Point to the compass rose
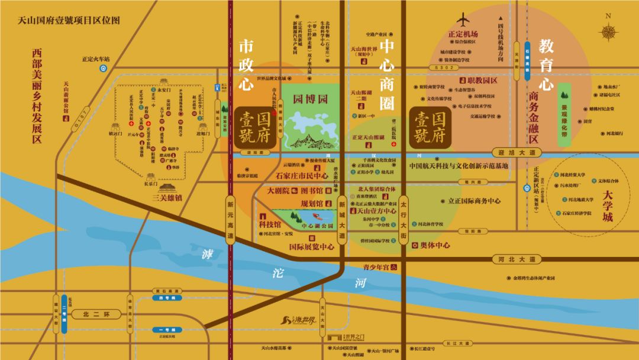point(609,33)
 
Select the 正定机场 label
point(463,34)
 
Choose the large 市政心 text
point(246,66)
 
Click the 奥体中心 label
point(435,245)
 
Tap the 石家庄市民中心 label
point(302,176)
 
